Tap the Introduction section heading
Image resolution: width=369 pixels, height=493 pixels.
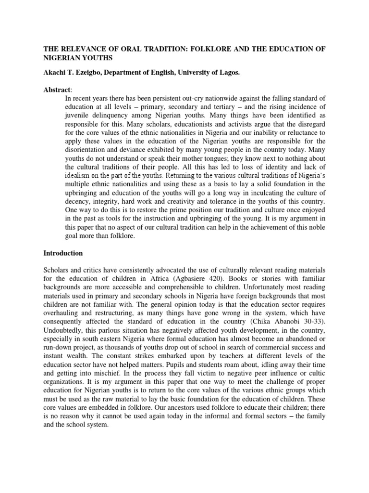(x=63, y=253)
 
